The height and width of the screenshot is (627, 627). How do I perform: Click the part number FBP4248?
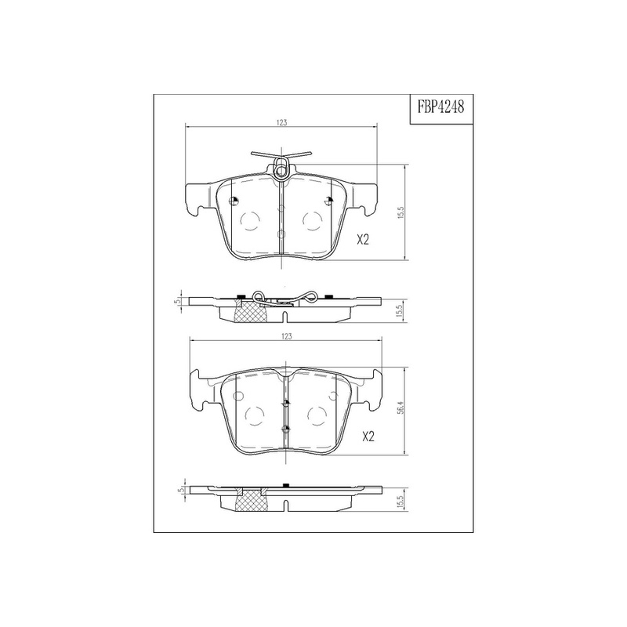441,107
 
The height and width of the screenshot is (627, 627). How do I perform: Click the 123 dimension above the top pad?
282,123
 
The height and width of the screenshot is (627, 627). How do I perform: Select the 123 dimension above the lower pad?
287,336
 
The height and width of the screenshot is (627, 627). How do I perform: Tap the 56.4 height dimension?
402,408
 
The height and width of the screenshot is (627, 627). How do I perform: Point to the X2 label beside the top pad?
362,240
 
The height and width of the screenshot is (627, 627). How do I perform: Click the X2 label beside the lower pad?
368,437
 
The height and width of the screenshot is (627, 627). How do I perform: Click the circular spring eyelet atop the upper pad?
281,171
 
